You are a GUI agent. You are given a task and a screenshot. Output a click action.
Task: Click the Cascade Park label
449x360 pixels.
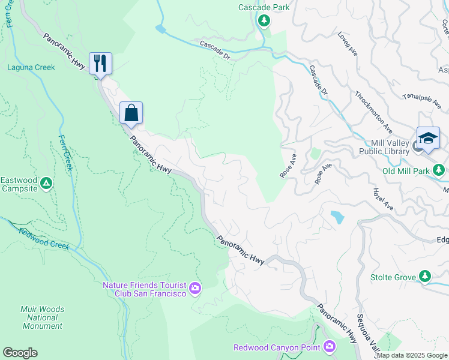pyautogui.click(x=264, y=7)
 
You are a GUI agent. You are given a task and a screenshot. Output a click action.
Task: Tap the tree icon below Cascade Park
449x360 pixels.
pyautogui.click(x=264, y=22)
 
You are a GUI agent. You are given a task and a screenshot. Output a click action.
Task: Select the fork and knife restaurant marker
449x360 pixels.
pyautogui.click(x=100, y=63)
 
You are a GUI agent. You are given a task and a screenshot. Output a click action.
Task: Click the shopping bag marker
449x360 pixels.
pyautogui.click(x=131, y=112)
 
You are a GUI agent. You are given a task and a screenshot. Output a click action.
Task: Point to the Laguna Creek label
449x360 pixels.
pyautogui.click(x=31, y=67)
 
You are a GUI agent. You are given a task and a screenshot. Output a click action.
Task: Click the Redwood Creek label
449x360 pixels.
pyautogui.click(x=44, y=238)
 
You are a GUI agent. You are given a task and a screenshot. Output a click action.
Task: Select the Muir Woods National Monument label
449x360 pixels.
pyautogui.click(x=42, y=318)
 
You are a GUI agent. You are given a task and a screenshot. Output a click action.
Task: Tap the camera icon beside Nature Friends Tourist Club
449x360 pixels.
pyautogui.click(x=195, y=289)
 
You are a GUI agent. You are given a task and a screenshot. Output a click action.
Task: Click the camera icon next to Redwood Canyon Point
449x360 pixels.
pyautogui.click(x=329, y=346)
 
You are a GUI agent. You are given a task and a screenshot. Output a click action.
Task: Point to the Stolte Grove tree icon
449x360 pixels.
pyautogui.click(x=425, y=276)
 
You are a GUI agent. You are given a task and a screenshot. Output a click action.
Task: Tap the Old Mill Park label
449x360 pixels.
pyautogui.click(x=406, y=171)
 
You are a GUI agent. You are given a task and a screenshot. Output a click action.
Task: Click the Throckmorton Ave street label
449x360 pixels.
pyautogui.click(x=373, y=112)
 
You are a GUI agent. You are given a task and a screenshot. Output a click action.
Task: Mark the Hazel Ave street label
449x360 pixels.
pyautogui.click(x=382, y=198)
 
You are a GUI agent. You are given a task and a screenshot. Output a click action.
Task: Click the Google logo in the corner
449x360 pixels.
pyautogui.click(x=20, y=353)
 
